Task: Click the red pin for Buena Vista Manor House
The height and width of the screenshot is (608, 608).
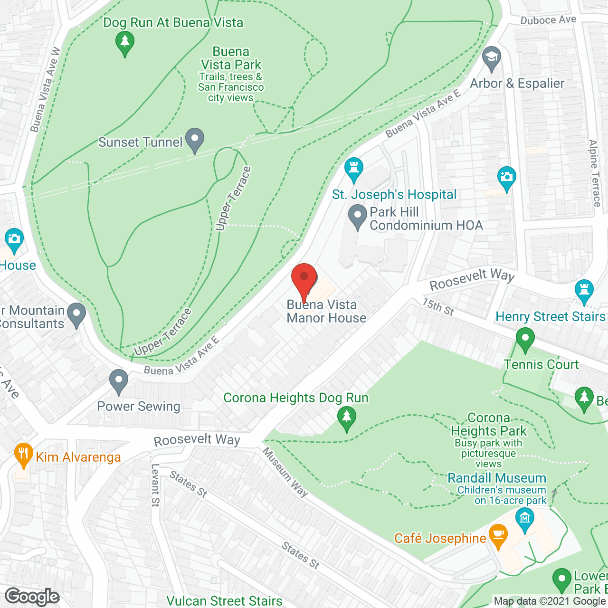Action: [x=304, y=278]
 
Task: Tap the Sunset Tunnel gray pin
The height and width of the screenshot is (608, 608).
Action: [x=194, y=140]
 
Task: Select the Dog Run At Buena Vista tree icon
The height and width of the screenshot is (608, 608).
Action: [x=125, y=43]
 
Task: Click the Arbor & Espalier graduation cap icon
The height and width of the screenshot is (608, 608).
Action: [x=492, y=58]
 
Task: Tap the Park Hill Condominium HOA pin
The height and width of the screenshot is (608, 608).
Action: [x=358, y=216]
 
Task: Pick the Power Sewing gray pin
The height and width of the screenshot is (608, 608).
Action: [x=119, y=381]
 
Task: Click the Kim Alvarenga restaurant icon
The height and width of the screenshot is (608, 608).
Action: [x=23, y=454]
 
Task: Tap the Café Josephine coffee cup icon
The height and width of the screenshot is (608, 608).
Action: [x=497, y=535]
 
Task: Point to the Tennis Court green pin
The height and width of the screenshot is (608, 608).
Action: [x=525, y=339]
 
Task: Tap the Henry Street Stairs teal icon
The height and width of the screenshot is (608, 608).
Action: [x=584, y=290]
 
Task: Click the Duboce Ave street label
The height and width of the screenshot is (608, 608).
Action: [x=548, y=20]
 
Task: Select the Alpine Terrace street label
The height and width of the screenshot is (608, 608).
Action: [x=595, y=173]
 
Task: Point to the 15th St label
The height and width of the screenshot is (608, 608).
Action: [x=438, y=307]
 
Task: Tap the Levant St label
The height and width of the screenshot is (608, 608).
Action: [x=155, y=485]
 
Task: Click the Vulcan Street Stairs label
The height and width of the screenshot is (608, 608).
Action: [x=224, y=601]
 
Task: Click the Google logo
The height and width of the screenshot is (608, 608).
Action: [x=32, y=596]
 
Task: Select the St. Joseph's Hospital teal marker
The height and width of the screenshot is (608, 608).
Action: [x=353, y=169]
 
